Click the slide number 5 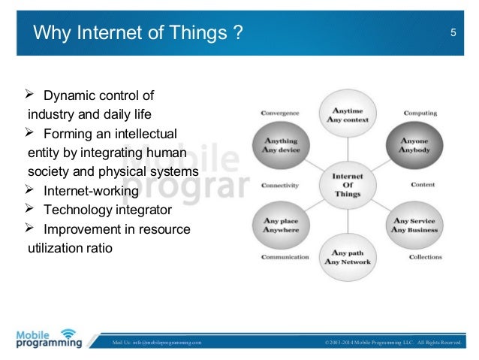pos(453,32)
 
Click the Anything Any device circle pos(281,145)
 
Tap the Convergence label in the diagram pos(280,113)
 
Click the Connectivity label pos(280,185)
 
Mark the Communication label pos(285,257)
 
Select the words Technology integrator pos(107,209)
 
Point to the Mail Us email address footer pos(156,343)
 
